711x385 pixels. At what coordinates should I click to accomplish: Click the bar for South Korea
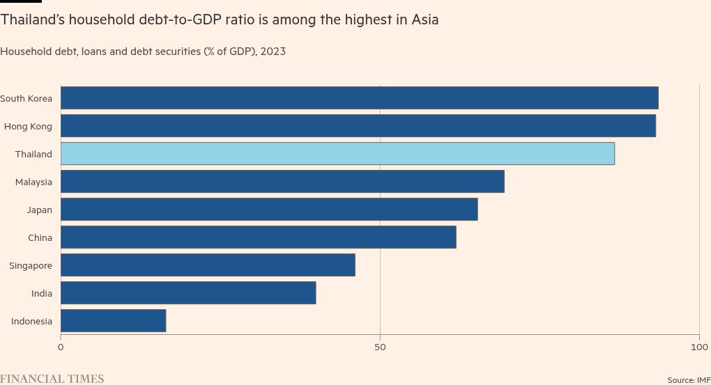click(x=359, y=98)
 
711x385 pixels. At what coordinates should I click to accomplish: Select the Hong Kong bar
click(x=358, y=126)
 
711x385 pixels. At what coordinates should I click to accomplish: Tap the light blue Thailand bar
click(x=337, y=154)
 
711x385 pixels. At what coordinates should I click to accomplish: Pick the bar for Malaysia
click(x=282, y=182)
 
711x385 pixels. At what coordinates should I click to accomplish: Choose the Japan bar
click(x=269, y=210)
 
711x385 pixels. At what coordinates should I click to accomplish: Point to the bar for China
click(x=258, y=237)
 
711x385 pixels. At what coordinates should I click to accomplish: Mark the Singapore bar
click(x=208, y=265)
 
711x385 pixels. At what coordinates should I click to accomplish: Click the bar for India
click(x=188, y=293)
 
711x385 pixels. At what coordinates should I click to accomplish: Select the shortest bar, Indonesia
click(x=113, y=321)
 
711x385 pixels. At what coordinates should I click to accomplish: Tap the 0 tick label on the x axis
click(x=61, y=347)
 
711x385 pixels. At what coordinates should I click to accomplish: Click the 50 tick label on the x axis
click(x=380, y=347)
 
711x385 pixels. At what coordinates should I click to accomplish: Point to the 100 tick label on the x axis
click(x=698, y=347)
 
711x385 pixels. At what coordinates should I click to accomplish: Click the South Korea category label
click(x=26, y=98)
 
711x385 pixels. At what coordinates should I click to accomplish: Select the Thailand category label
click(x=33, y=154)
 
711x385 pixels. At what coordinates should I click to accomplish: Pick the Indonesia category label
click(x=31, y=321)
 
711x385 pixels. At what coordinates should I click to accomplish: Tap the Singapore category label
click(x=31, y=265)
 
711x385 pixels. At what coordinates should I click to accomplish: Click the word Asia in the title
click(x=424, y=19)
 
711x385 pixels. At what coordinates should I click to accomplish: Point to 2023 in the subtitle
click(x=273, y=52)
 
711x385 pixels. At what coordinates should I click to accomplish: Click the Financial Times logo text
click(x=52, y=379)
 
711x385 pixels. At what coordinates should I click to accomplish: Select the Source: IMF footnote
click(x=689, y=380)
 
